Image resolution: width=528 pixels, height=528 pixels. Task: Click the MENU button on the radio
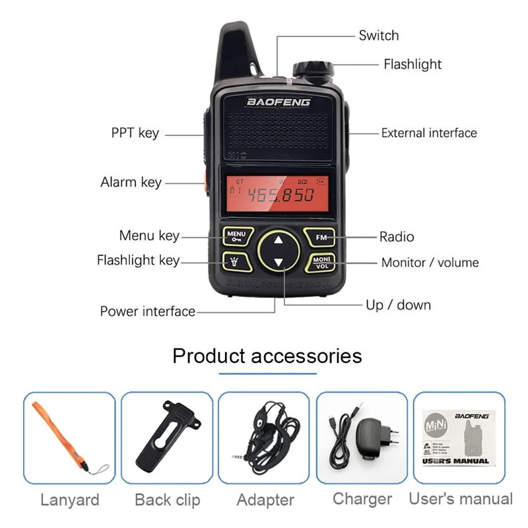[x=236, y=236]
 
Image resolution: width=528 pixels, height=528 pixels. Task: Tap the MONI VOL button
[x=321, y=262]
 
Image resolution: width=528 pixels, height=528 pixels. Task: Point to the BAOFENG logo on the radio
[x=278, y=102]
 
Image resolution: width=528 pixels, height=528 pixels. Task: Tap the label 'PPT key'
[x=135, y=133]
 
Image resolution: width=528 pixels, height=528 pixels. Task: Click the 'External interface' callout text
[x=429, y=133]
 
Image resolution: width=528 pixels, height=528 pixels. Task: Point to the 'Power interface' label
[x=147, y=311]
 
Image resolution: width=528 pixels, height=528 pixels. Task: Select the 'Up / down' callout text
[x=398, y=305]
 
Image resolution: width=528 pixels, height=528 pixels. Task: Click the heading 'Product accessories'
[x=267, y=356]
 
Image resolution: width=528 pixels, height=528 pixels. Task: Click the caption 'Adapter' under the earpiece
[x=265, y=500]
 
